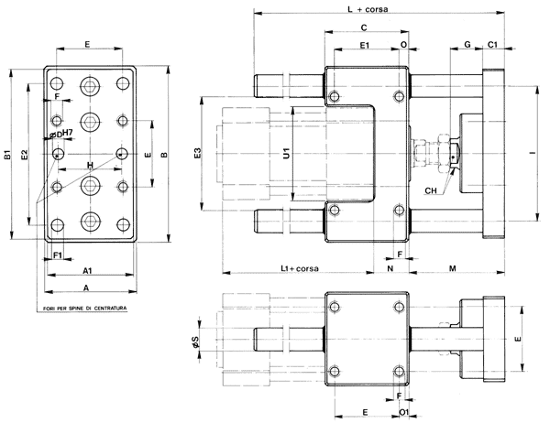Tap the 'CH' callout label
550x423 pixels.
tap(431, 190)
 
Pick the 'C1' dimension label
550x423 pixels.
tap(492, 44)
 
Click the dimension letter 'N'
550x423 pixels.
tap(390, 267)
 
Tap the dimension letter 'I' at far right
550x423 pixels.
tap(533, 154)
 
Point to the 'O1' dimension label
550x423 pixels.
tap(404, 413)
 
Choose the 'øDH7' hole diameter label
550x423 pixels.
tap(61, 134)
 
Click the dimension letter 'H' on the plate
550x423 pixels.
tap(89, 164)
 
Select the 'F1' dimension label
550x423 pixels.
tap(57, 254)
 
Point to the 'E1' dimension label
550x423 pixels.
tap(364, 44)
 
